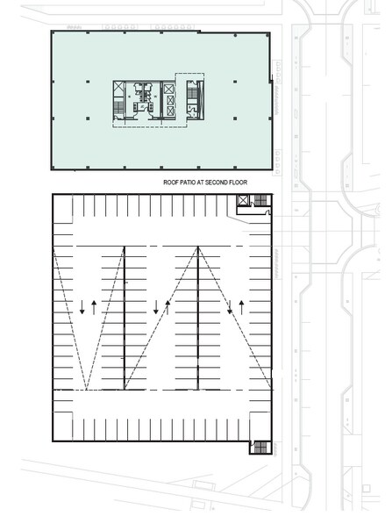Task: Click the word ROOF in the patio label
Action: pos(171,183)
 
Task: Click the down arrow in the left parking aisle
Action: pos(82,307)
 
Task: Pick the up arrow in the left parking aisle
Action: pos(93,307)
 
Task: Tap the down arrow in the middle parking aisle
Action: pos(156,307)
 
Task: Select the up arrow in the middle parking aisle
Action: pos(167,307)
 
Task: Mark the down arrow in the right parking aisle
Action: pos(230,307)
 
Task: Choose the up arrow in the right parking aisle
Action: pos(240,307)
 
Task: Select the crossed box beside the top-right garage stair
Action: pos(243,202)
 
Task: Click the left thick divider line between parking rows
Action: pos(124,316)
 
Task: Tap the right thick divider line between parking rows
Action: pos(197,316)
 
